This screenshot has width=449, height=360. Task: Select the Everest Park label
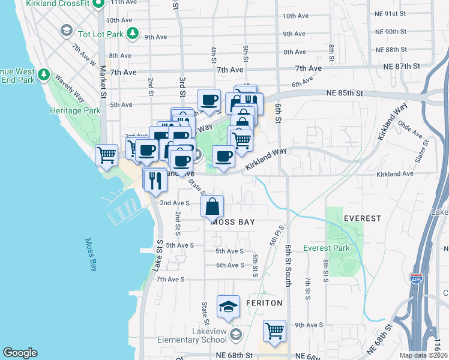coord(326,248)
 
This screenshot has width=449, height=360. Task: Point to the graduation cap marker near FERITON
coord(228,308)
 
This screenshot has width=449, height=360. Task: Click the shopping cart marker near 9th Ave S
coord(274,331)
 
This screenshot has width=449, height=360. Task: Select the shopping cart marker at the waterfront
coord(106,155)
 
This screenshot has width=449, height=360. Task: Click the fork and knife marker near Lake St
coord(155,179)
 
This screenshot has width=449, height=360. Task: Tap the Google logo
coord(20,353)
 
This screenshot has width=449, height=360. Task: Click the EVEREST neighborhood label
coord(363,218)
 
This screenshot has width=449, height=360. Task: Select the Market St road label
coord(103,79)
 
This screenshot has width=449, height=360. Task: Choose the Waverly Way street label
coord(70,88)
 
